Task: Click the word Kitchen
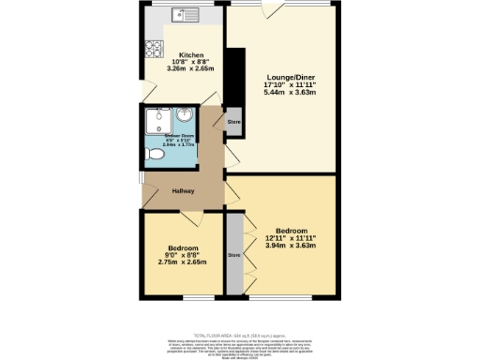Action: (x=192, y=56)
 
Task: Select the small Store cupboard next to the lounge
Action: (x=233, y=123)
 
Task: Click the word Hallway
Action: (x=183, y=191)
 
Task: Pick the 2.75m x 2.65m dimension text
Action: (x=183, y=262)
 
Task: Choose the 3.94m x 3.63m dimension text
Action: (x=289, y=246)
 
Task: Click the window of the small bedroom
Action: (x=183, y=299)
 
